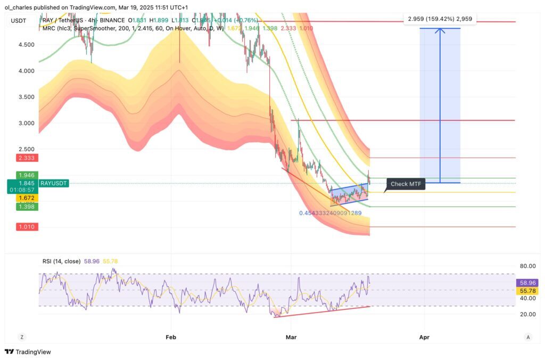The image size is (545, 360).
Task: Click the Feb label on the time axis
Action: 171,337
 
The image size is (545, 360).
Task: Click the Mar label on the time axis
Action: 291,337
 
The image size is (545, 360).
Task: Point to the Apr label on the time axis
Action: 424,337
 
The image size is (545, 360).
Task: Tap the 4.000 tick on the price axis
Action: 26,71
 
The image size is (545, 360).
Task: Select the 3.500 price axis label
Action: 26,97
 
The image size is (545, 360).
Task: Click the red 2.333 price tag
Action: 26,158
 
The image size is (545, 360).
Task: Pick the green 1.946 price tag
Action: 26,175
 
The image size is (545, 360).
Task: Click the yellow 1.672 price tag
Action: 26,198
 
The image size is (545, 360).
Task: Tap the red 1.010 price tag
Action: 26,227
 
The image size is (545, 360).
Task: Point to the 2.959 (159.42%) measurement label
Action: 440,19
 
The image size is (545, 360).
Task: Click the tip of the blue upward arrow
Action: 440,28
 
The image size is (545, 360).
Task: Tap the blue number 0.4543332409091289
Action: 330,213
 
